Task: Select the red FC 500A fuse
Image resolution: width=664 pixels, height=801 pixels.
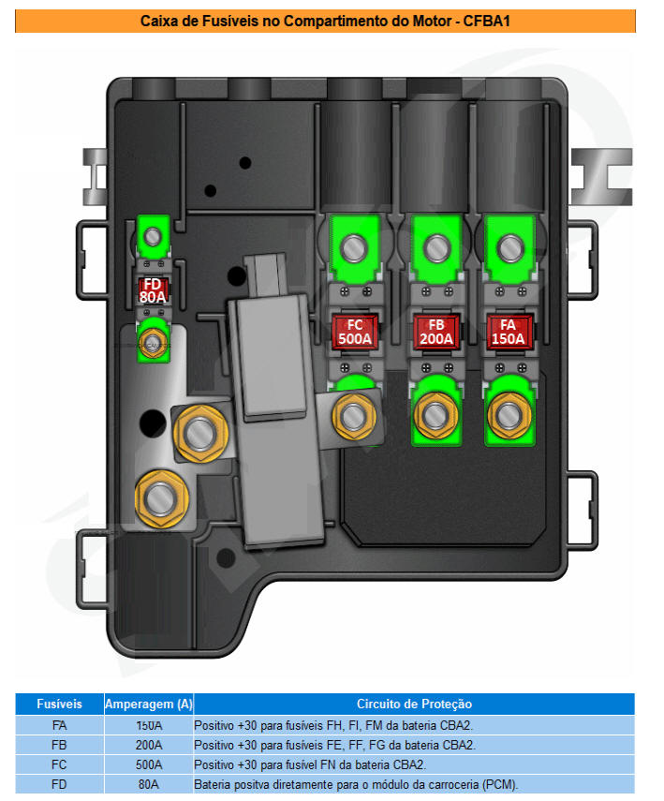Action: (354, 331)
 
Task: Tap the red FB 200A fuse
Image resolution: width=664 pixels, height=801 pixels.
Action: (435, 331)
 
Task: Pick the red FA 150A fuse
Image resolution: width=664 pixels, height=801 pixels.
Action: (509, 331)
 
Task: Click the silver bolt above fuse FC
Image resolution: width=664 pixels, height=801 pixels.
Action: (354, 248)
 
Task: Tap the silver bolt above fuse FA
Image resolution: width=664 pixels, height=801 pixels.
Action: (509, 248)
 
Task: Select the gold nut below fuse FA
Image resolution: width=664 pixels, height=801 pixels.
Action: (509, 411)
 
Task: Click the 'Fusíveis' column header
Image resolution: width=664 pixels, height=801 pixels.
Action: (59, 704)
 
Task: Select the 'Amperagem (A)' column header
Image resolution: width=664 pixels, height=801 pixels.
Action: (148, 704)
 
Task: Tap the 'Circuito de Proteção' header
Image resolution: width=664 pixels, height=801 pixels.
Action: (414, 704)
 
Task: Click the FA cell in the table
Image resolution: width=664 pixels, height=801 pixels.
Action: (59, 725)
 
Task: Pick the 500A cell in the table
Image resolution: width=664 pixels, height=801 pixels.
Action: (148, 764)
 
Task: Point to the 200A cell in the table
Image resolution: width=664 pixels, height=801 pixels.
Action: (148, 745)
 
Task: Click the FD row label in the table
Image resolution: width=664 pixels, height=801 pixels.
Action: (59, 784)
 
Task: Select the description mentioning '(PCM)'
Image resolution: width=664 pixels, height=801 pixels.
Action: (356, 784)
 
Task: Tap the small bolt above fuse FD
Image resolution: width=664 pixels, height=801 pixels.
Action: (152, 235)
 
